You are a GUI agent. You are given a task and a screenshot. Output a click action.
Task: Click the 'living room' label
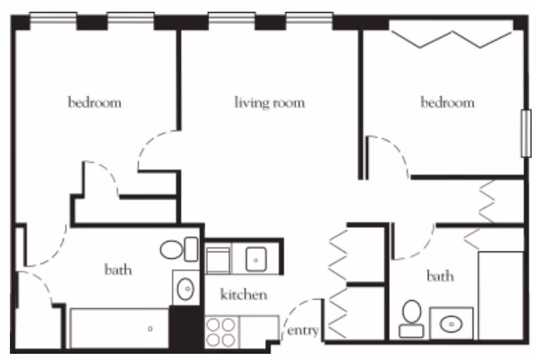click(269, 103)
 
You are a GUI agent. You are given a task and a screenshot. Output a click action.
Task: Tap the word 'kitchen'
click(244, 294)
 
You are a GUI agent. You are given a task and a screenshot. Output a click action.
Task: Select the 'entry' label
click(303, 331)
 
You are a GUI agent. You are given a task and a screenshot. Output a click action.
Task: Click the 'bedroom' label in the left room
click(95, 103)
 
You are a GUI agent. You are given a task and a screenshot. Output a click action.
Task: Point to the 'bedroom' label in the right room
click(448, 103)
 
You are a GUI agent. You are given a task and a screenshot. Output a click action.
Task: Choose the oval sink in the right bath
click(452, 323)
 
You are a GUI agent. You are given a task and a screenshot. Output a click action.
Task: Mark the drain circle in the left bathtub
click(150, 329)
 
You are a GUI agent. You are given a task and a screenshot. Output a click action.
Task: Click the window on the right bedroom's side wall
click(525, 134)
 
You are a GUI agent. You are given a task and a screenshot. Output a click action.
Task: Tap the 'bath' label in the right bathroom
click(440, 276)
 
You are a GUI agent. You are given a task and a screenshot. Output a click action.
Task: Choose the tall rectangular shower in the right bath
click(500, 295)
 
